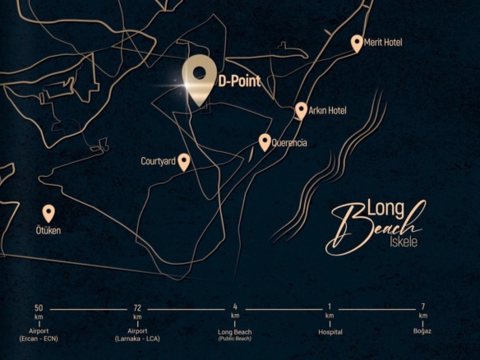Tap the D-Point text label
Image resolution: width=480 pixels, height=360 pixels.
[x=239, y=81]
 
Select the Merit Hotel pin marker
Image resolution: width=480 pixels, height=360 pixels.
[x=357, y=43]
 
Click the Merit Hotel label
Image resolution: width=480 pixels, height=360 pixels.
[x=385, y=43]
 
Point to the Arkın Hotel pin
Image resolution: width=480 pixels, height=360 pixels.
[x=301, y=110]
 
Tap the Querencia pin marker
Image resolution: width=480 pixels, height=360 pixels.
[x=265, y=141]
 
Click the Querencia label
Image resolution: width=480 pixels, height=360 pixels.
[x=289, y=143]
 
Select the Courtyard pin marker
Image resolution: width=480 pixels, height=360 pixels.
[x=184, y=161]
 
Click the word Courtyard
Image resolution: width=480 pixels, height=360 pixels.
[x=158, y=162]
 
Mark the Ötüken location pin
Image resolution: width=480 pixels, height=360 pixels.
[x=48, y=213]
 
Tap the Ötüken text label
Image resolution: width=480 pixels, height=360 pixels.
[x=48, y=231]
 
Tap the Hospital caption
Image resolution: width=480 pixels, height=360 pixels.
[x=330, y=332]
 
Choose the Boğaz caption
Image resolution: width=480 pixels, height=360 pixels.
[x=423, y=332]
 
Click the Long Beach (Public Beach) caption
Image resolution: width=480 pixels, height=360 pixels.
[x=235, y=335]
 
